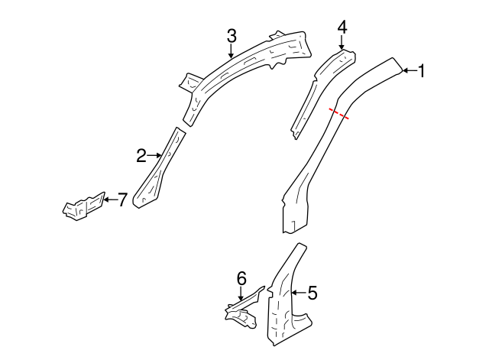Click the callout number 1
click(x=421, y=71)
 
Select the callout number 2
click(x=141, y=156)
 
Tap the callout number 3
click(x=232, y=34)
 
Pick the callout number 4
click(x=342, y=27)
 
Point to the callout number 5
click(x=312, y=292)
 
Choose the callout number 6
click(x=241, y=279)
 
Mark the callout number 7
click(x=121, y=199)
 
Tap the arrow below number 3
click(x=232, y=50)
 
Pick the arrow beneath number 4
click(x=342, y=43)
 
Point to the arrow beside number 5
click(x=298, y=292)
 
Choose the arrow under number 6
click(x=241, y=295)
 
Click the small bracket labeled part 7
click(x=83, y=207)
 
